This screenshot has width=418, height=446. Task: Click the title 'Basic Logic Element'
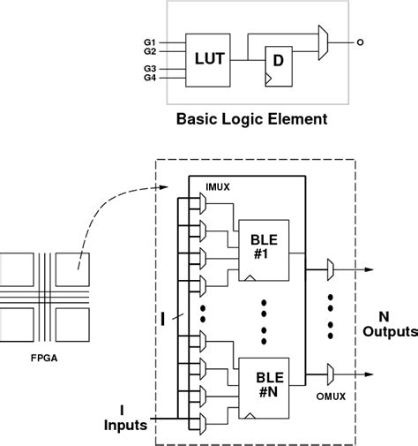253,117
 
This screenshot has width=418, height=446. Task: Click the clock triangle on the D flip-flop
268,79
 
